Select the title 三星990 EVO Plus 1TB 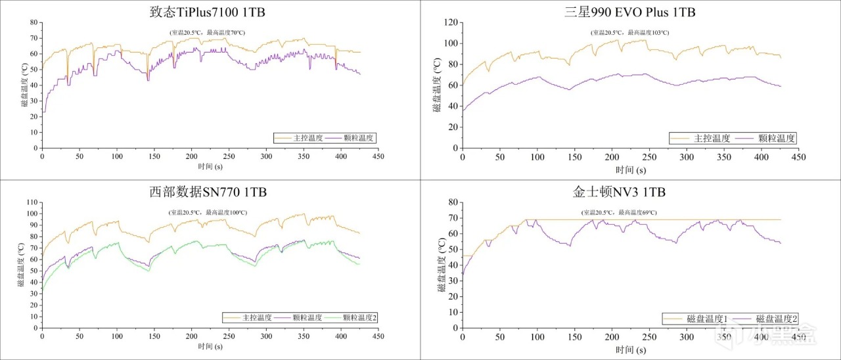629,12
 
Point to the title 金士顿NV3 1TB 629,192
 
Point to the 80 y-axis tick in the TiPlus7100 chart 33,22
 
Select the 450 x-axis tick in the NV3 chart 798,337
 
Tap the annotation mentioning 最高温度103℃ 629,32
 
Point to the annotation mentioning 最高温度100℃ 208,213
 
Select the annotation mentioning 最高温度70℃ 208,32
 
